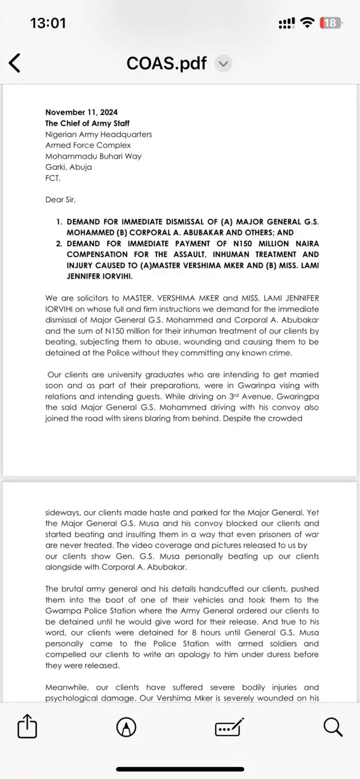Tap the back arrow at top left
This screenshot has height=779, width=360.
[15, 63]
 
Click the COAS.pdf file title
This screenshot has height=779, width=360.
[166, 63]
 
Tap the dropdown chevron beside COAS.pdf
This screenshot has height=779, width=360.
[223, 63]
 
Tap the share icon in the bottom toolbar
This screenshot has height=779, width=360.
[27, 728]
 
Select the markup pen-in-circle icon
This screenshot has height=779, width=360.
[126, 728]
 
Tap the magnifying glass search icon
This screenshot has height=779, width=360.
[333, 728]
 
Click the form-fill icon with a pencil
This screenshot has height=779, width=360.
[229, 728]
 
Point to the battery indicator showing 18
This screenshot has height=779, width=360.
[330, 23]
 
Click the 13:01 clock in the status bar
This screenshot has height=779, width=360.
[48, 23]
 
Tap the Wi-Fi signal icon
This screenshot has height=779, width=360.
[307, 23]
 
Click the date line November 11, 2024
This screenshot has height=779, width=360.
[81, 112]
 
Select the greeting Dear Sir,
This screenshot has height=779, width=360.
[60, 199]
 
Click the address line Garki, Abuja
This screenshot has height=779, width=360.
[68, 167]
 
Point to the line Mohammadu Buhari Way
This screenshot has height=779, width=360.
[93, 156]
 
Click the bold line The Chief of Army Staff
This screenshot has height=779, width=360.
[87, 123]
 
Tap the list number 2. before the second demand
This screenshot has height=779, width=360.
[59, 243]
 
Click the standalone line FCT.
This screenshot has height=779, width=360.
[52, 178]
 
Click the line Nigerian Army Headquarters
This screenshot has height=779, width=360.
[98, 134]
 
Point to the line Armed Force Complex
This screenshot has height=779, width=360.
[88, 145]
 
